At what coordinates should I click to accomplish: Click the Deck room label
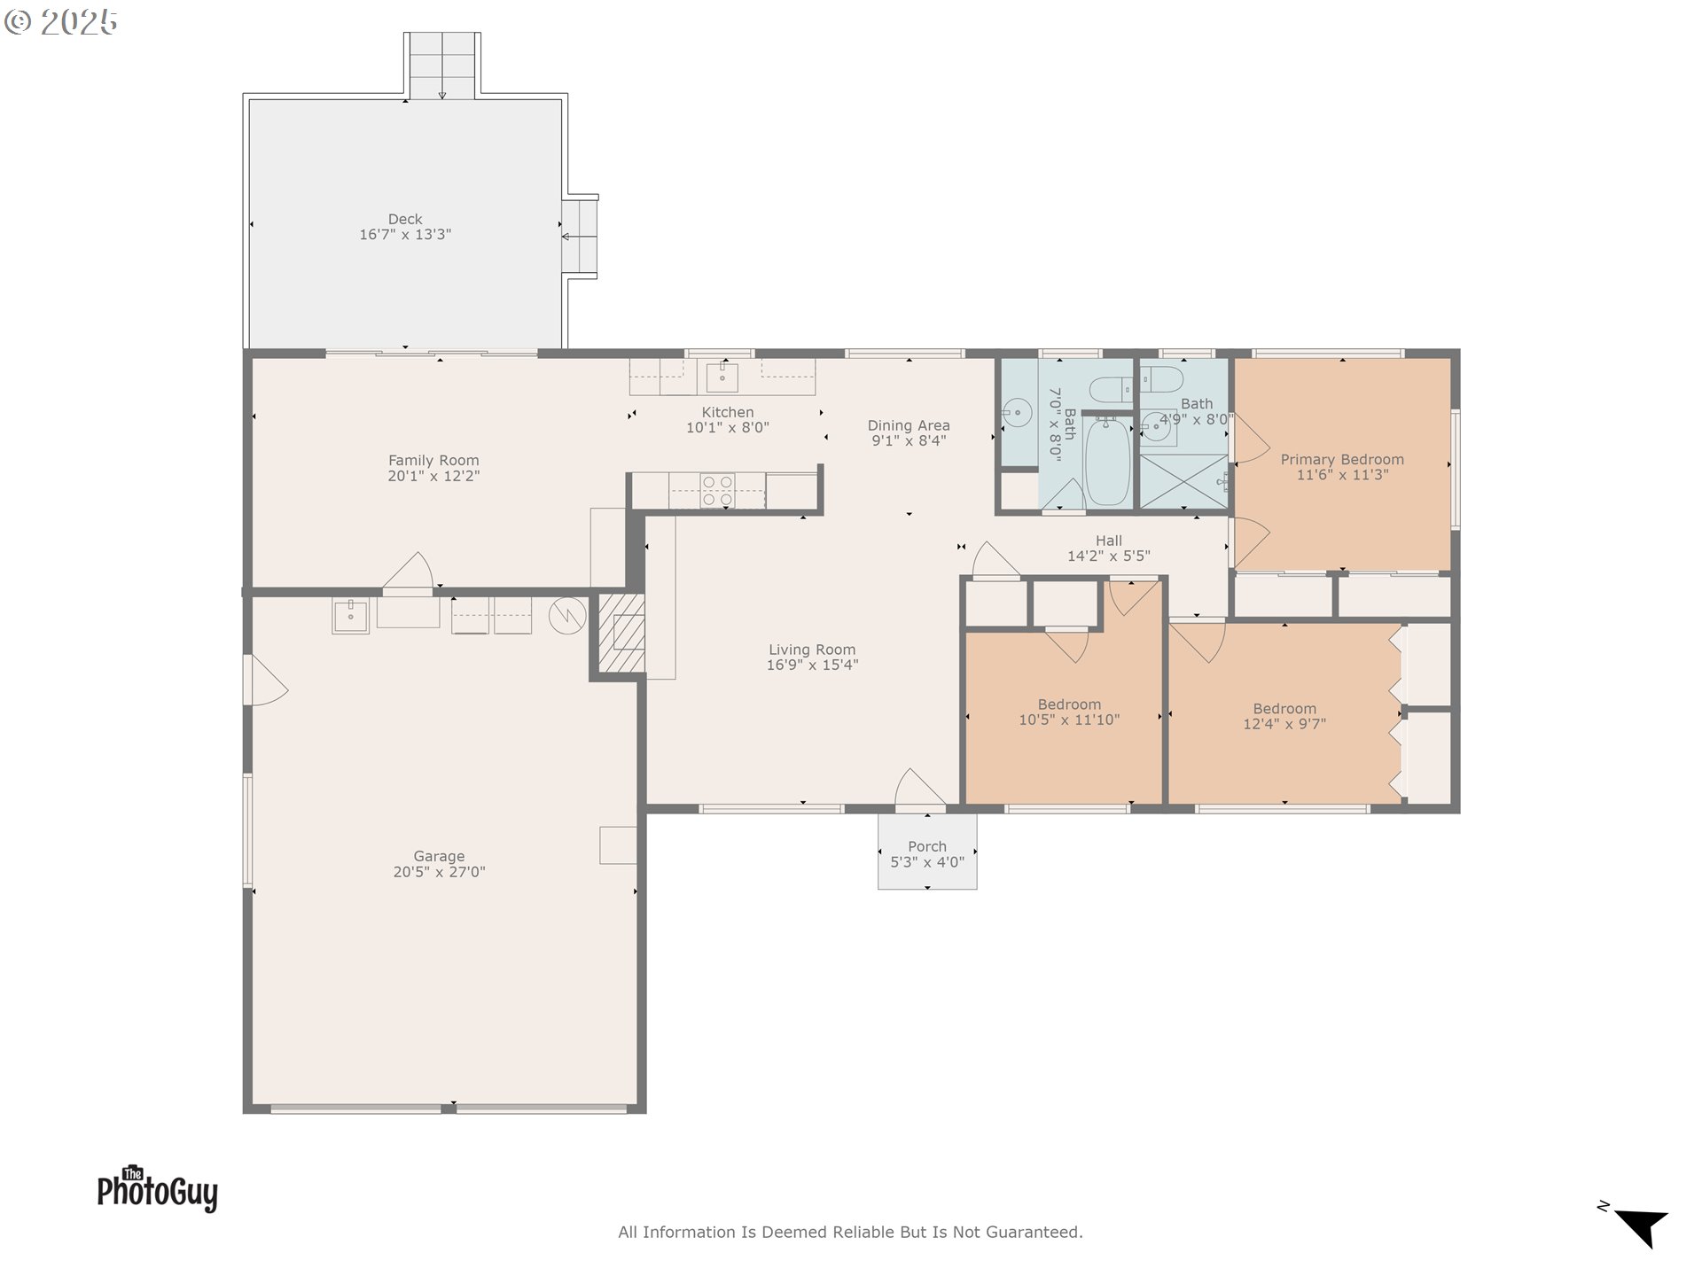405,219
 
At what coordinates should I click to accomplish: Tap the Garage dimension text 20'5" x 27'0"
439,872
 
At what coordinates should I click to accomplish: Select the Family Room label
433,461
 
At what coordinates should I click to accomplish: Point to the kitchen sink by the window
722,377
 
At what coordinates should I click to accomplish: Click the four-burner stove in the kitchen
717,491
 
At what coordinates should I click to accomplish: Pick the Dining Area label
909,425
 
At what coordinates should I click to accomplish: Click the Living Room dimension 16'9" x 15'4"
812,665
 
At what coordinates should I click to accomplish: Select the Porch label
927,846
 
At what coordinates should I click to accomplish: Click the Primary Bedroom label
1342,459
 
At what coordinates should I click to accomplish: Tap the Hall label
1109,541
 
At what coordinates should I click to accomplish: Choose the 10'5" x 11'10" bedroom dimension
1069,720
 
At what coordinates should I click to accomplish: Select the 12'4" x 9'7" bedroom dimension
1284,724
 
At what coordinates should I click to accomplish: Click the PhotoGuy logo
158,1188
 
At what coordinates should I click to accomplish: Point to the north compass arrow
1640,1225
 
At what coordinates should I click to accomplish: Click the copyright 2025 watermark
61,22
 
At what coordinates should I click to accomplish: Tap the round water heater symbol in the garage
567,616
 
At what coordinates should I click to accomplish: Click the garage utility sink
350,615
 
